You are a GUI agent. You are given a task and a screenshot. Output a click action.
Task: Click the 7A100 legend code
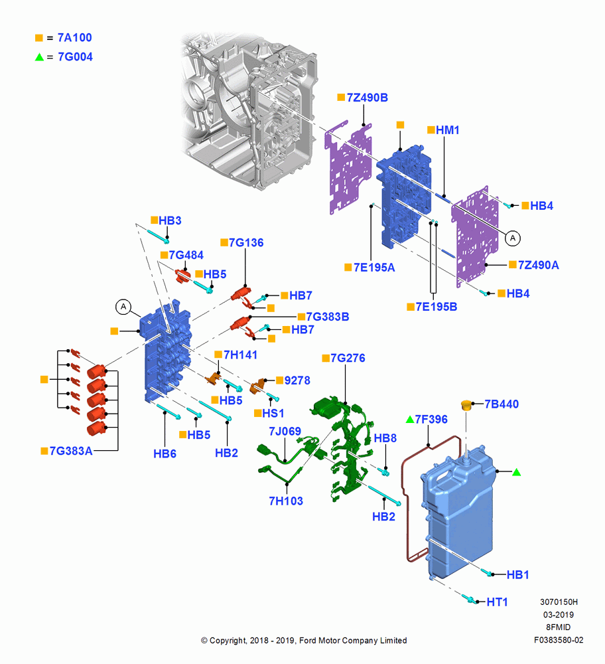pos(74,38)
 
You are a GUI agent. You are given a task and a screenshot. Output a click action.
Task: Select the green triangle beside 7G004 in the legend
pos(39,56)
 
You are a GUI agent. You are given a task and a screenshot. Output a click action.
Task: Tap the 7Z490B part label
pos(368,98)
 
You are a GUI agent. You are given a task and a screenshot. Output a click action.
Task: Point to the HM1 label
pos(448,130)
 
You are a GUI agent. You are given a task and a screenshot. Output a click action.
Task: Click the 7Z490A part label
pos(538,265)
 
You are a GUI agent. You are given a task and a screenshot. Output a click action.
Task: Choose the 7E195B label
pos(437,307)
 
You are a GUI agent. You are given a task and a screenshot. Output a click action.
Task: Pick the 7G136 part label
pos(246,242)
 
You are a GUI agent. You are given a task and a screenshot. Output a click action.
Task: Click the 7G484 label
pos(186,255)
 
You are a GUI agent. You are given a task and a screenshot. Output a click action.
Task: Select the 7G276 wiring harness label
pos(348,358)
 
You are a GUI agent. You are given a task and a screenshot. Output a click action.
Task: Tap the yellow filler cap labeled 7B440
pos(466,405)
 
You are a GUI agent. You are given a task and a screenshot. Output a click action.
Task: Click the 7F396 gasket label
pos(431,419)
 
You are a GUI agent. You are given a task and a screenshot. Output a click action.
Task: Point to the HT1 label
pos(497,602)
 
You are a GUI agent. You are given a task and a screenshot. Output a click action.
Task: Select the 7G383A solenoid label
pos(71,451)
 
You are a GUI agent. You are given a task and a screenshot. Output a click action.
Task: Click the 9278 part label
pos(297,380)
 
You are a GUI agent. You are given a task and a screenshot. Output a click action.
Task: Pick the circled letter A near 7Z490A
pos(513,238)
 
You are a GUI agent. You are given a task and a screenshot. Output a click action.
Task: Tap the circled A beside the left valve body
pos(123,307)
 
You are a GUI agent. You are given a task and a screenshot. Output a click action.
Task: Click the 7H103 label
pos(286,501)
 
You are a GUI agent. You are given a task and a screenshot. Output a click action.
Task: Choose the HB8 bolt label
pos(385,438)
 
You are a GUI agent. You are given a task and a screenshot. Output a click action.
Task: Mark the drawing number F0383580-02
pos(559,640)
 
